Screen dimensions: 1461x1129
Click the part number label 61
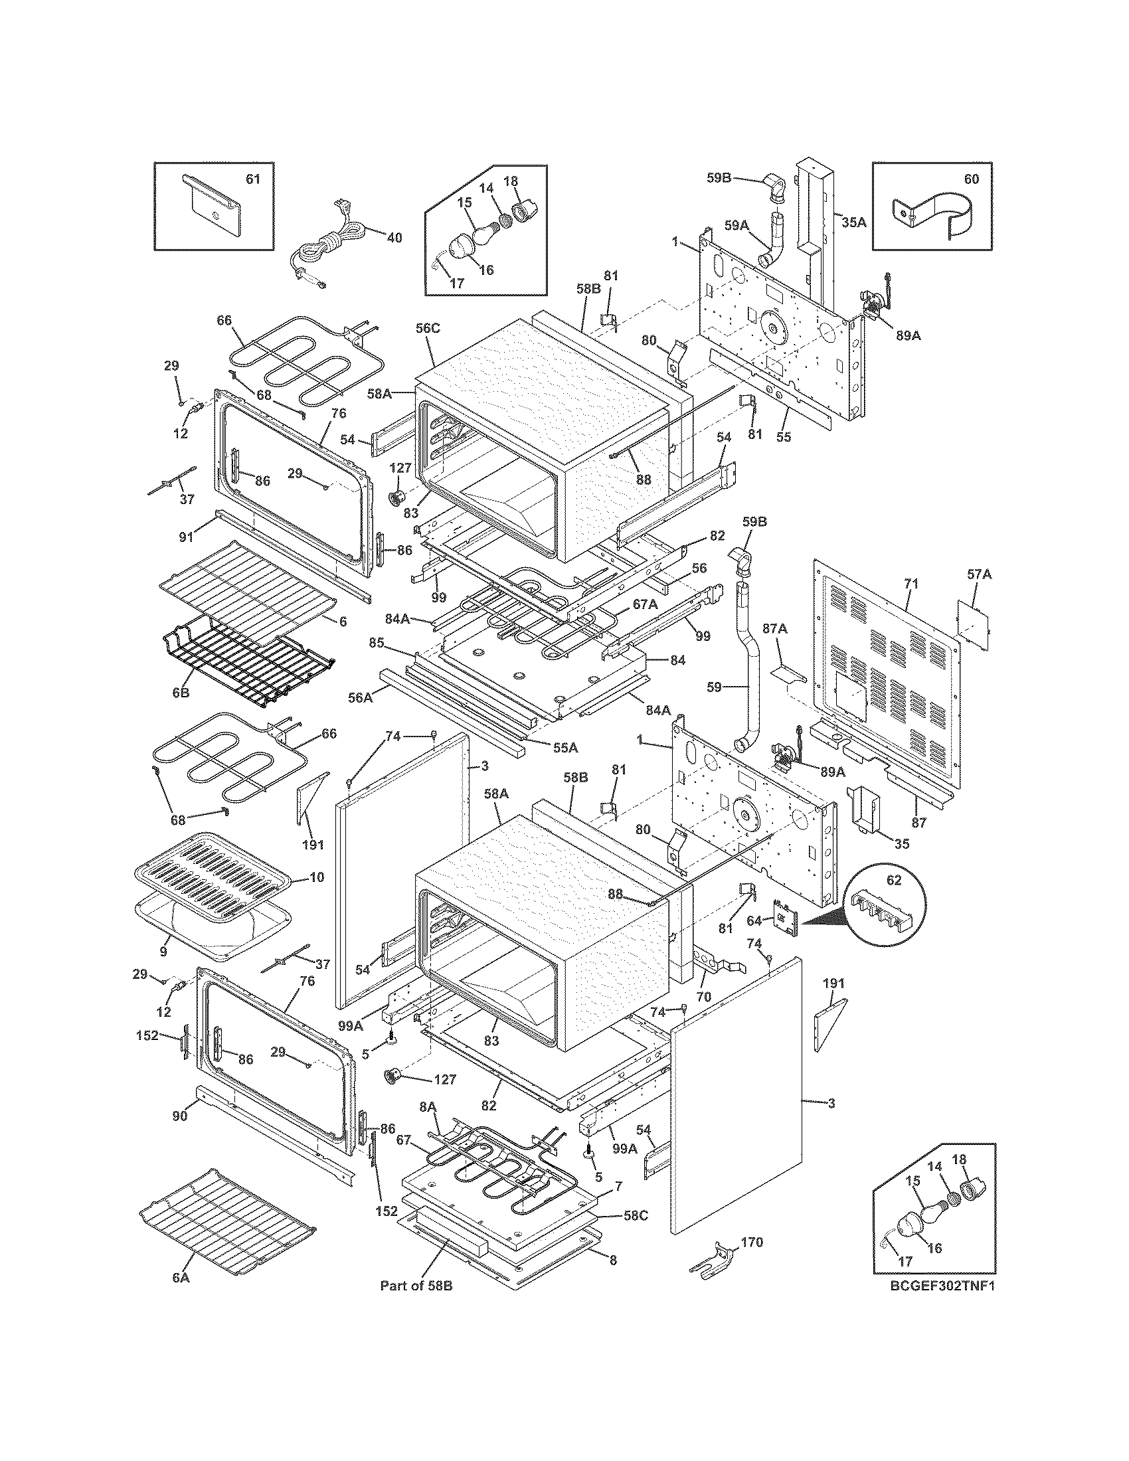click(x=253, y=179)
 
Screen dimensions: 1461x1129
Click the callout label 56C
click(x=428, y=347)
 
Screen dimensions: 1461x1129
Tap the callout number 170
click(x=752, y=1243)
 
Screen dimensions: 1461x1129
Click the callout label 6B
click(x=181, y=693)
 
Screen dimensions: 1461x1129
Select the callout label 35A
click(x=853, y=222)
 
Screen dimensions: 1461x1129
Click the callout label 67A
click(x=646, y=604)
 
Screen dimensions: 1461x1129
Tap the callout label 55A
click(x=566, y=746)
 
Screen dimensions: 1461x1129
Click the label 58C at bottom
click(x=635, y=1215)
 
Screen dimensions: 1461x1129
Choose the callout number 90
click(x=181, y=1116)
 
